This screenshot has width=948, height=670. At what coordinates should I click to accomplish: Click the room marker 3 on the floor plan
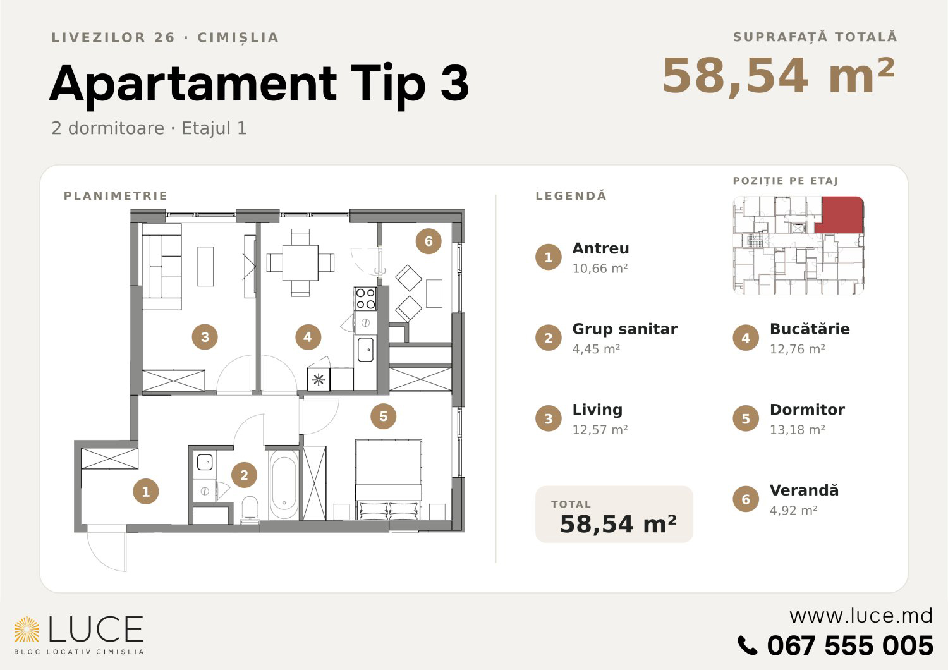click(205, 337)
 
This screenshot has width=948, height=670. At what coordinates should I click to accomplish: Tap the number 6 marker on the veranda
click(428, 241)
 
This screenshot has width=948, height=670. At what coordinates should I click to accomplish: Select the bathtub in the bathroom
click(284, 484)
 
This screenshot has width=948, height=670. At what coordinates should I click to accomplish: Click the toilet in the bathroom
click(250, 509)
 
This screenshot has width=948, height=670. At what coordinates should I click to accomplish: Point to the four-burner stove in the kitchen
click(365, 299)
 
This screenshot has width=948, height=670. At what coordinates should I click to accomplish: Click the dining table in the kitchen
click(300, 262)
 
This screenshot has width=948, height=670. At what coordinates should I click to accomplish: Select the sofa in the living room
click(162, 267)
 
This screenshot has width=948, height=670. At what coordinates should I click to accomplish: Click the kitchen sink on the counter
click(365, 349)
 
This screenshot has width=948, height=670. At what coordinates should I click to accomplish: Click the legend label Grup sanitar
click(624, 329)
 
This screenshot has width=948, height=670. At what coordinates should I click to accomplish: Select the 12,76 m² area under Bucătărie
click(798, 349)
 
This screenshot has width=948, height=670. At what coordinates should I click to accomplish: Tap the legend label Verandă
click(804, 490)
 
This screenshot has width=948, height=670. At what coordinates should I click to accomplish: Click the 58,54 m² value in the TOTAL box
click(618, 524)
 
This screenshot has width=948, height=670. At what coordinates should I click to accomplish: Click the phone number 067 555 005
click(850, 645)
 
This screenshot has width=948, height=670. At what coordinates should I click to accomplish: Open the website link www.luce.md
click(861, 616)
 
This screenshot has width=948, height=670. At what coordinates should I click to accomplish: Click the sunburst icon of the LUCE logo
click(27, 630)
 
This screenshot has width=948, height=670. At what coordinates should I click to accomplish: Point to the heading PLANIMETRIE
click(116, 195)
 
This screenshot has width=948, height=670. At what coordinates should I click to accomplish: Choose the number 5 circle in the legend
click(746, 418)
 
